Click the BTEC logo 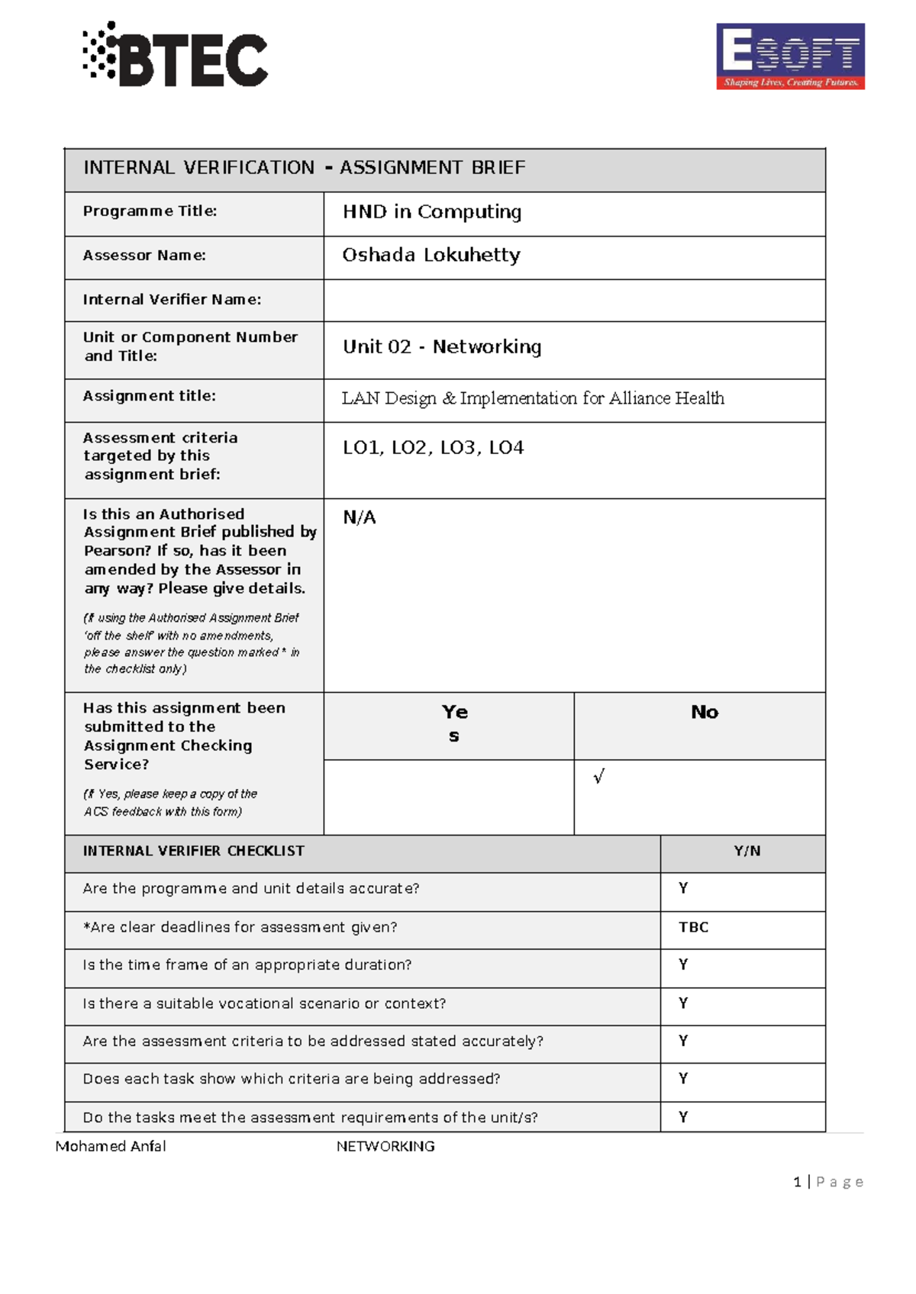(x=176, y=55)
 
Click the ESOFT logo (x=790, y=56)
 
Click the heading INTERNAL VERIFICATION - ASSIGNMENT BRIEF (x=304, y=168)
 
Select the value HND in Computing (x=432, y=212)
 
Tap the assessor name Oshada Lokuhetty (x=431, y=256)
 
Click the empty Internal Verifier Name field (x=574, y=301)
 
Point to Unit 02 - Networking (x=442, y=347)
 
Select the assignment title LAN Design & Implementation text (x=533, y=398)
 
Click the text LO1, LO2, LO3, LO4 (x=433, y=448)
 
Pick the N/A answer (x=360, y=518)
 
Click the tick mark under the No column (x=599, y=777)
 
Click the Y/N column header (x=747, y=851)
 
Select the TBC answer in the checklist (x=694, y=928)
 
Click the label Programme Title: (x=150, y=211)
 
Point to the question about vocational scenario (x=264, y=1004)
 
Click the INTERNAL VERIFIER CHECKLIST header (x=193, y=851)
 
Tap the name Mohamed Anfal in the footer (x=111, y=1147)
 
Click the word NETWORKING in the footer (x=385, y=1147)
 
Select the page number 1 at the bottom (x=797, y=1183)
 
